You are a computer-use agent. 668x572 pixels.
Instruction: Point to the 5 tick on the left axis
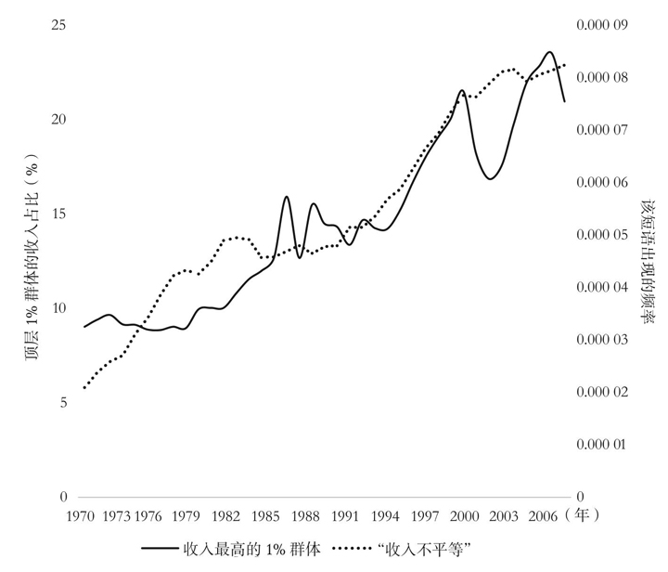click(62, 402)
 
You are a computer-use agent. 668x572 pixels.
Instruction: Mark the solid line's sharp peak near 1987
click(287, 197)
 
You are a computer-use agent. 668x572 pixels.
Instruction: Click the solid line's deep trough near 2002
click(491, 178)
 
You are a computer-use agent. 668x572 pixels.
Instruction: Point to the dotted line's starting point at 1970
click(84, 387)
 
